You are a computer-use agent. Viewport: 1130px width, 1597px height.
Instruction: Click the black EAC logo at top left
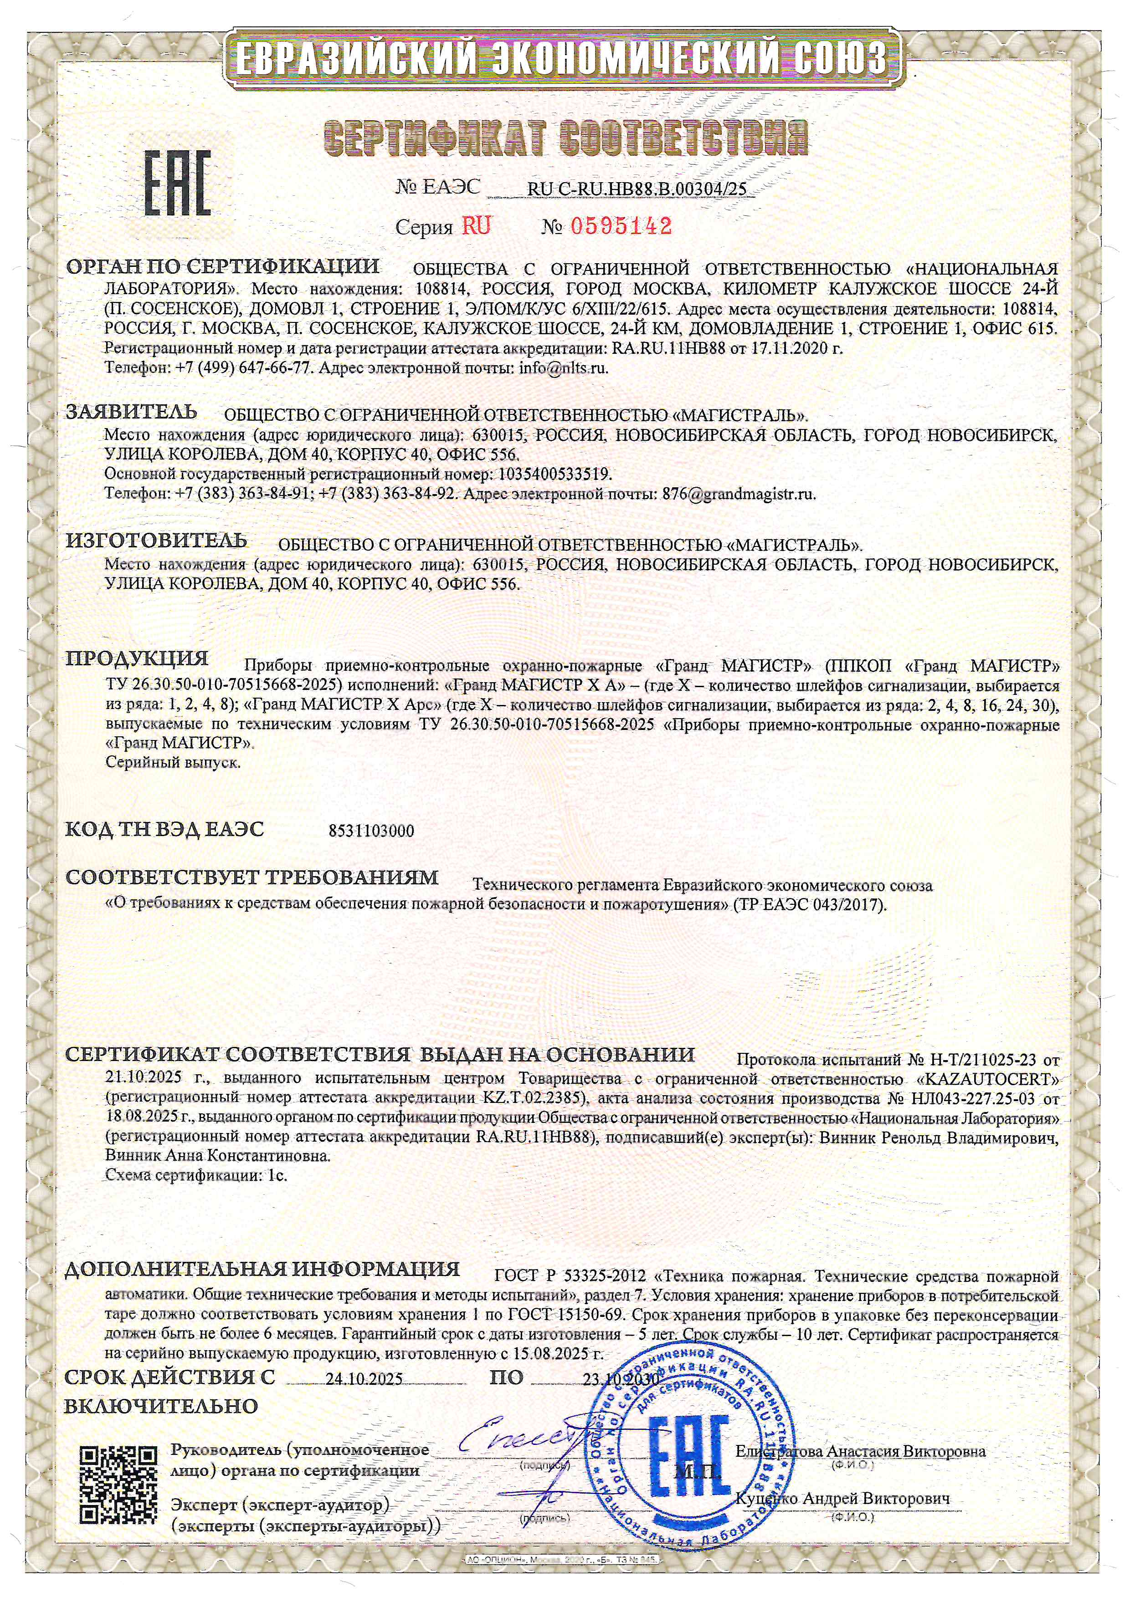[x=177, y=182]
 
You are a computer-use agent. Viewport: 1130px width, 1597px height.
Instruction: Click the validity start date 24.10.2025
[x=364, y=1379]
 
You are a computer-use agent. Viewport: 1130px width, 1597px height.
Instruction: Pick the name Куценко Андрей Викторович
[x=842, y=1498]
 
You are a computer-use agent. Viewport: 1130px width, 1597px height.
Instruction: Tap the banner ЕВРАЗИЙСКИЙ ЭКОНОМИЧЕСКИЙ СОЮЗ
[x=564, y=58]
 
